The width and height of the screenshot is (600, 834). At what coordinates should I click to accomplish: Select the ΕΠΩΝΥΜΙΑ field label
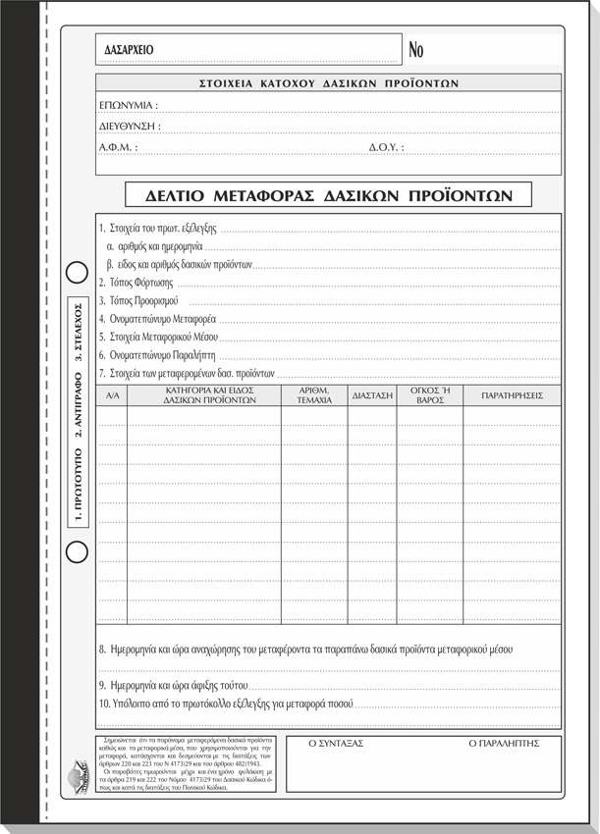pyautogui.click(x=129, y=104)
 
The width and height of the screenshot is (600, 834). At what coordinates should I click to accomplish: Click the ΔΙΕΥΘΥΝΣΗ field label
pyautogui.click(x=130, y=126)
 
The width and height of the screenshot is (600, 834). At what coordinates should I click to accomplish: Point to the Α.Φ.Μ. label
pyautogui.click(x=118, y=147)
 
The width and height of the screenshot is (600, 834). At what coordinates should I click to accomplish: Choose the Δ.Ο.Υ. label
pyautogui.click(x=386, y=147)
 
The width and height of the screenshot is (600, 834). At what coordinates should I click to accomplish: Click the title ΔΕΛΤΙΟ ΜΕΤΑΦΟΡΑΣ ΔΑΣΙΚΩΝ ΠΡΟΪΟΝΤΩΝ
pyautogui.click(x=329, y=194)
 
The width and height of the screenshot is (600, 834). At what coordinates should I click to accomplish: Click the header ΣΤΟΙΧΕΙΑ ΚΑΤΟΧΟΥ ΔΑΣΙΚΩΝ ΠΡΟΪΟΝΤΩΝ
pyautogui.click(x=329, y=83)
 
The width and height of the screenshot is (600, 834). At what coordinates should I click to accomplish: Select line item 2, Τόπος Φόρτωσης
pyautogui.click(x=136, y=283)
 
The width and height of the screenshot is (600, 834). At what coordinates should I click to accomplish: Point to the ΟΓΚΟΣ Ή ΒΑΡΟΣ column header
pyautogui.click(x=430, y=394)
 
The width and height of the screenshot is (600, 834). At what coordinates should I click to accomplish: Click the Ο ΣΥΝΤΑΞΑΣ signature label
pyautogui.click(x=336, y=744)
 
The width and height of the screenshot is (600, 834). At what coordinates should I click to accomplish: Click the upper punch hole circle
pyautogui.click(x=77, y=272)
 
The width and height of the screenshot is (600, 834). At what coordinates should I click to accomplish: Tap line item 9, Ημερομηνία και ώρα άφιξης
pyautogui.click(x=175, y=685)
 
